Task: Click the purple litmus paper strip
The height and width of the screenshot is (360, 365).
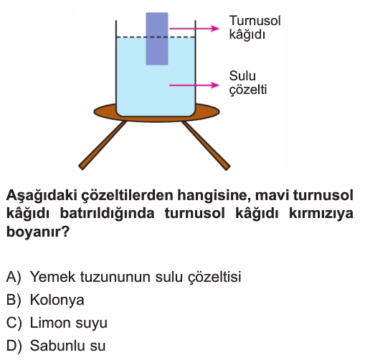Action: click(157, 39)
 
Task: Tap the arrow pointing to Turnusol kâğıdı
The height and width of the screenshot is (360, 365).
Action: click(194, 29)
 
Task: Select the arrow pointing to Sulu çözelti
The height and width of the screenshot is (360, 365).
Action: click(194, 85)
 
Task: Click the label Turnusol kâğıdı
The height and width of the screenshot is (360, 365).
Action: click(255, 27)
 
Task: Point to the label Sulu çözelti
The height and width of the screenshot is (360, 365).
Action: click(248, 82)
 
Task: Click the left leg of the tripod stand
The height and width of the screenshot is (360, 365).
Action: click(103, 146)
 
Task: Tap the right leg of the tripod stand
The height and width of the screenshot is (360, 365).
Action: click(206, 146)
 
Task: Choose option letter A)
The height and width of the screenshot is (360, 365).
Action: click(14, 277)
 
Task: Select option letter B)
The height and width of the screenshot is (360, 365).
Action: click(14, 300)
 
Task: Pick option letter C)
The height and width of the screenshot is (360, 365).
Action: click(14, 323)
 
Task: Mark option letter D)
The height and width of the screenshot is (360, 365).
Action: click(14, 346)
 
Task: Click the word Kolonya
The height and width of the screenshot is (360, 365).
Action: click(57, 300)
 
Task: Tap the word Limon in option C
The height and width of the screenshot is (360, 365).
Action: click(51, 323)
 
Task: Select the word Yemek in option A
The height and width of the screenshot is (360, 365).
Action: click(53, 277)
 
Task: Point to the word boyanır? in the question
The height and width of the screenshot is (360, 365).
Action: click(38, 232)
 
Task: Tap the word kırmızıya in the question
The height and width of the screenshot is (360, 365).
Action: click(321, 214)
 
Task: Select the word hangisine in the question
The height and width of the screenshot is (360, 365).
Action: click(214, 196)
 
